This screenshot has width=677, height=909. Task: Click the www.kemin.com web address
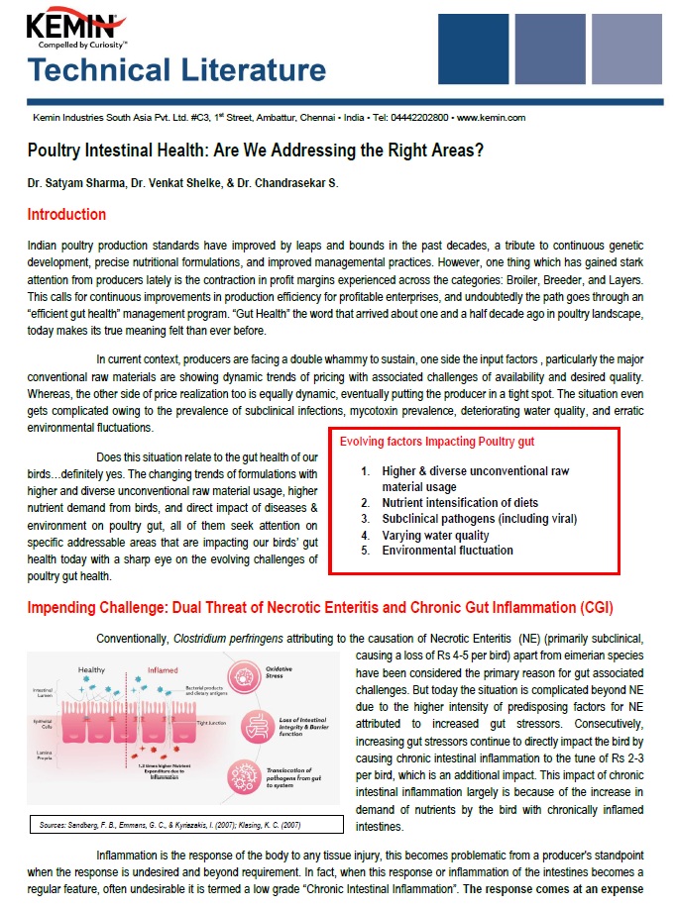[491, 117]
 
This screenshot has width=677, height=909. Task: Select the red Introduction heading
[66, 215]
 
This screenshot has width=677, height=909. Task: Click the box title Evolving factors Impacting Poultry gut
[437, 441]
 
